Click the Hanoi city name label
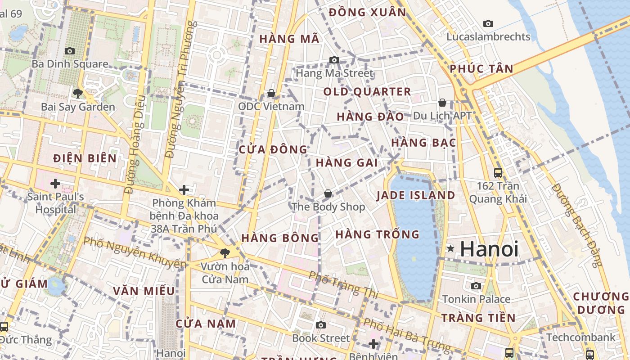tap(489, 249)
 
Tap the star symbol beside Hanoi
tap(450, 248)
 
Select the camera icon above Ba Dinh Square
tap(69, 51)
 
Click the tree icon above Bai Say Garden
tap(77, 94)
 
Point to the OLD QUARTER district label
tap(367, 92)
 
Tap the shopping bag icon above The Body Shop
tap(328, 193)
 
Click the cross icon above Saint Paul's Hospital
tap(55, 184)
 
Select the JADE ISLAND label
tap(416, 195)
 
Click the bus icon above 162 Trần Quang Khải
tap(498, 172)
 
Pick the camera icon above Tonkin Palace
tap(476, 286)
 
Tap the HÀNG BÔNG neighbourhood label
tap(280, 238)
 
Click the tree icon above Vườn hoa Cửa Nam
tap(225, 253)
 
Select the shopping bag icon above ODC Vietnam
tap(271, 93)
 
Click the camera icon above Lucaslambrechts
tap(488, 23)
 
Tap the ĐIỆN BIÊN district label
tap(85, 158)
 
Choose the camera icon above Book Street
tap(320, 325)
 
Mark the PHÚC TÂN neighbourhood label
tap(481, 69)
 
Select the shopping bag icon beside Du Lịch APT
tap(442, 103)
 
